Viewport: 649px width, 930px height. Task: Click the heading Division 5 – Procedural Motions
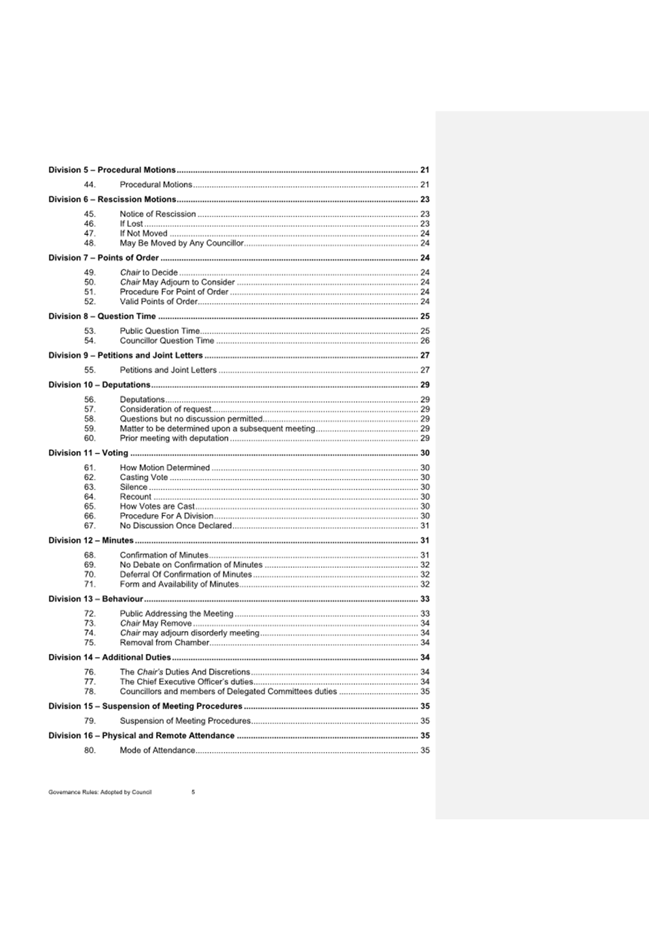(x=112, y=170)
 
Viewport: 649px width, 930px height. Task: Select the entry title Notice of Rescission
(x=157, y=214)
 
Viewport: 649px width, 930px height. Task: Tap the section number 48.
(x=90, y=243)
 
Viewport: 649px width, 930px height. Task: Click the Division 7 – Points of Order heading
(x=103, y=258)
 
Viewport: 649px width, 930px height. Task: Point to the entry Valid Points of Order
(x=159, y=302)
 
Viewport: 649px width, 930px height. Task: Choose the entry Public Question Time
(x=160, y=332)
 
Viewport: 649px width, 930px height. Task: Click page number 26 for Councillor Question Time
(x=425, y=341)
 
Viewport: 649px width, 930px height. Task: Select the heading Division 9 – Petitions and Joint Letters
(x=126, y=355)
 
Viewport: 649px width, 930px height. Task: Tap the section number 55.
(x=90, y=370)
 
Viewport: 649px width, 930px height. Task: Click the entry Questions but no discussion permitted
(x=191, y=419)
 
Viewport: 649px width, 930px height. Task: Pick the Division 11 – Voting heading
(x=88, y=453)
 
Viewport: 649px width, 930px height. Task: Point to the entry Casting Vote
(x=144, y=478)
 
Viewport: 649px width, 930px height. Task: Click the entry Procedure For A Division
(x=166, y=516)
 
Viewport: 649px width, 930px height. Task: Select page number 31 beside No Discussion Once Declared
(x=425, y=526)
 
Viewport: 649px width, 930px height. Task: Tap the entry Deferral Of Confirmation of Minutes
(x=185, y=575)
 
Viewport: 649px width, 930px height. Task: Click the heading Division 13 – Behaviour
(x=96, y=599)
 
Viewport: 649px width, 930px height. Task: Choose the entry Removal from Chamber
(x=164, y=643)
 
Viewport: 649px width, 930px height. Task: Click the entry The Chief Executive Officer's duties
(x=186, y=682)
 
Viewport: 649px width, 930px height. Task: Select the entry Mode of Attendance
(x=157, y=751)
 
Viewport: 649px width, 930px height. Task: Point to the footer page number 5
(x=193, y=792)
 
